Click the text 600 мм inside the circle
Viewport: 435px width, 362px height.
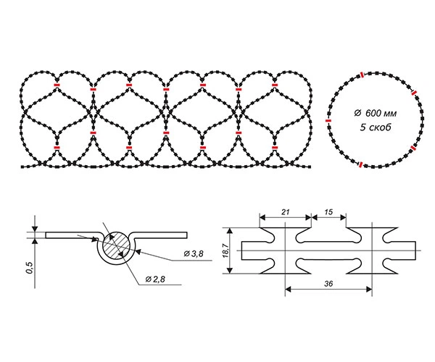(381, 113)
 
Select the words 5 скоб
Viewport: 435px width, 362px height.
(376, 127)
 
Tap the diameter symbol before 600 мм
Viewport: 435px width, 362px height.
(357, 113)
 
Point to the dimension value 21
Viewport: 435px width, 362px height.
(285, 212)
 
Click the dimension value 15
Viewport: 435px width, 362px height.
(328, 212)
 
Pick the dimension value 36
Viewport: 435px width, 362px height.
(328, 284)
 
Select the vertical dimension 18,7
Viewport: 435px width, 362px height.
(226, 251)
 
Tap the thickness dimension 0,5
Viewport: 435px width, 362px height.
(30, 267)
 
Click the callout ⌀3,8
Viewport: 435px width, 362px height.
(194, 253)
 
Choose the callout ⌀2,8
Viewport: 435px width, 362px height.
(155, 279)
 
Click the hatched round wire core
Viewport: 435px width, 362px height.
(117, 245)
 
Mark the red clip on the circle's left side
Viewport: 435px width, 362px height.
(328, 121)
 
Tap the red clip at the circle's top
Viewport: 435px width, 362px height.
(362, 75)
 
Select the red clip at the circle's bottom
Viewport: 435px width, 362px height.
(360, 165)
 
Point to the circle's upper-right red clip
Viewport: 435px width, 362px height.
(414, 93)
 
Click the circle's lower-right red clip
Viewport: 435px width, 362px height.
(413, 148)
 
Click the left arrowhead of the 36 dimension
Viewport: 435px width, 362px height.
(289, 290)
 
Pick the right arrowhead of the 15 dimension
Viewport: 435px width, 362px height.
(343, 217)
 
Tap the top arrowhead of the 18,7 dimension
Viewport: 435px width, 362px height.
(229, 230)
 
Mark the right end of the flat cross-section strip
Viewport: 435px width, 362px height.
(187, 235)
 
